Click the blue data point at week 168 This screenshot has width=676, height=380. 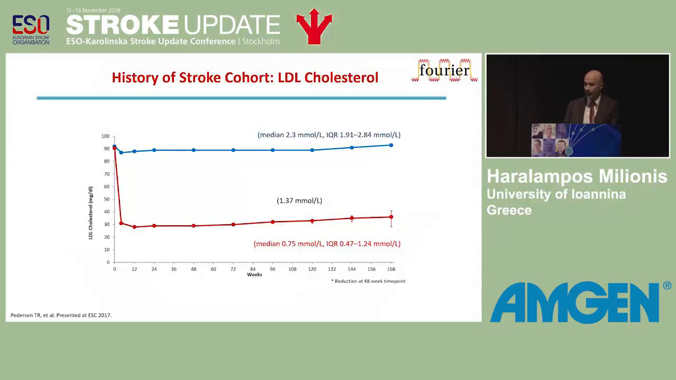(x=391, y=145)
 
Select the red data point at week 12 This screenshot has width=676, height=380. (x=134, y=227)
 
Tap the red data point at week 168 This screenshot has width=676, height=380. (x=391, y=217)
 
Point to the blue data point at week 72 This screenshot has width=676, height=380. (x=233, y=150)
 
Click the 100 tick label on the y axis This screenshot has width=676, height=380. (x=105, y=136)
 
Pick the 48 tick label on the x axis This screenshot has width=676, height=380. (x=193, y=269)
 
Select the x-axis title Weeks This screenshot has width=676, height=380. (x=255, y=274)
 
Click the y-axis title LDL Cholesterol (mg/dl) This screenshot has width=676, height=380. (x=90, y=213)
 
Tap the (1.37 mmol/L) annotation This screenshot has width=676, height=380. (x=299, y=201)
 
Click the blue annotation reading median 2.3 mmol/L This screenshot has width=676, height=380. (x=329, y=135)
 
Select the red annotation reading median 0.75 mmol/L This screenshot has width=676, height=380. (x=327, y=244)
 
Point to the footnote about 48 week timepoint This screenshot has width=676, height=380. (x=368, y=281)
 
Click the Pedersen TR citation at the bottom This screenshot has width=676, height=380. (x=61, y=315)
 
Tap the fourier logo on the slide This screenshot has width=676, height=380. (x=444, y=71)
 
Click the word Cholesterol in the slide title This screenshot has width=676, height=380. (x=341, y=78)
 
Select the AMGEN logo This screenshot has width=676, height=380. (x=580, y=302)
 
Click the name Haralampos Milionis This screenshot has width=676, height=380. (x=577, y=176)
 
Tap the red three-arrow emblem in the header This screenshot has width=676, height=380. (x=314, y=26)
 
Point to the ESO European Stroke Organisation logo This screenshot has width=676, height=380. (x=31, y=30)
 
